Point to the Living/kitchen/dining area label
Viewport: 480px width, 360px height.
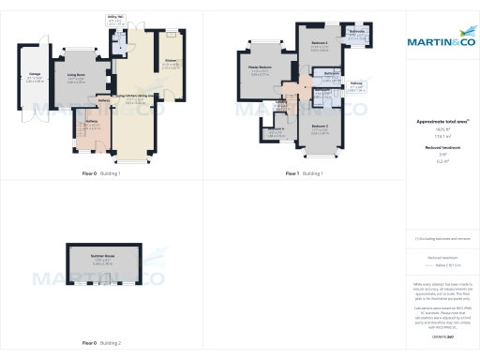[x=135, y=96]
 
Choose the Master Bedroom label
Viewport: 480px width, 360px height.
[x=260, y=67]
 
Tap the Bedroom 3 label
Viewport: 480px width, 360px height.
[x=320, y=126]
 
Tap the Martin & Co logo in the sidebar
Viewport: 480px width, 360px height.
[x=441, y=41]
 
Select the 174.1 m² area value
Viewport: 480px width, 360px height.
[x=441, y=137]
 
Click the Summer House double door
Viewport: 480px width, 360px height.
[x=103, y=287]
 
